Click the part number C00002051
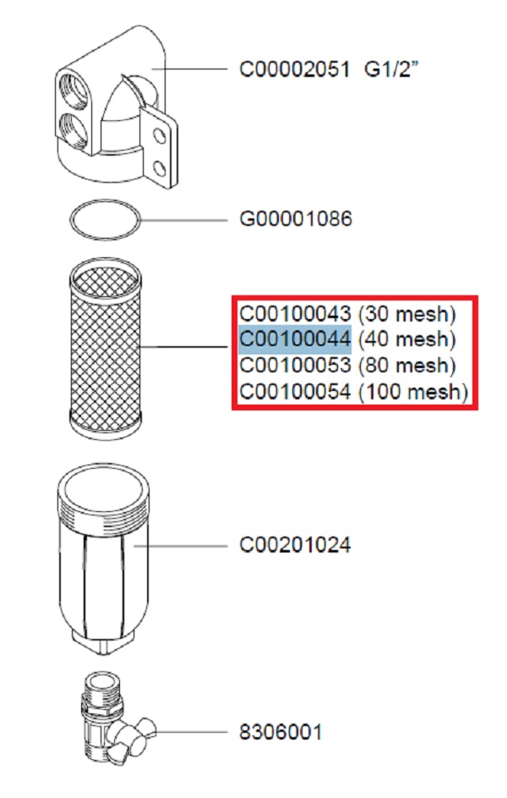pos(294,69)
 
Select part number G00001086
pos(296,220)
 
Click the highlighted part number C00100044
pos(294,340)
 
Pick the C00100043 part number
pos(294,315)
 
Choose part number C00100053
pos(294,366)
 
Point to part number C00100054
pos(294,392)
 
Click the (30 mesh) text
pos(406,315)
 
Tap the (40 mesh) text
pos(406,340)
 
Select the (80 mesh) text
pos(406,366)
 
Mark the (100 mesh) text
pos(412,392)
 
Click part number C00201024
pos(295,544)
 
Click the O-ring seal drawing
pos(105,222)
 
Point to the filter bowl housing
pos(105,550)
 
